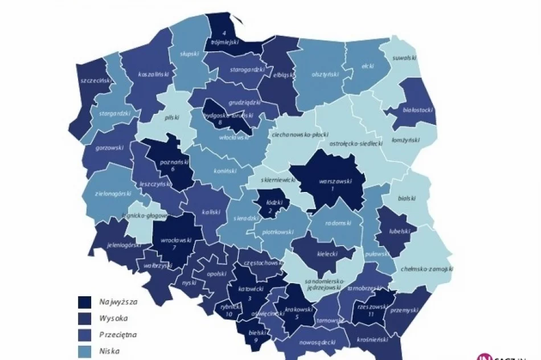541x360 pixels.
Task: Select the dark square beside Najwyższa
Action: point(86,302)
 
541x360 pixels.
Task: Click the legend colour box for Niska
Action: point(86,350)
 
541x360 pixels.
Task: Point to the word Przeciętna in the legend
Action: point(118,334)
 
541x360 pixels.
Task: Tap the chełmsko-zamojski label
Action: point(427,268)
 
